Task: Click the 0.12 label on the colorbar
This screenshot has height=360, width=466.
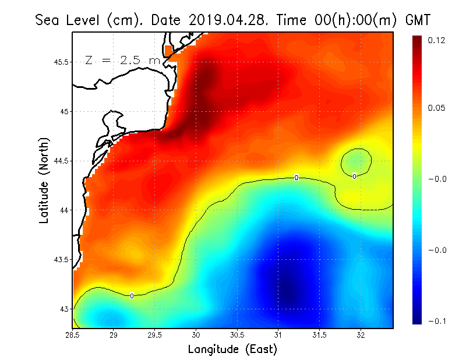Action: (437, 40)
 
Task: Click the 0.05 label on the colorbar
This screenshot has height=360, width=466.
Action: (437, 108)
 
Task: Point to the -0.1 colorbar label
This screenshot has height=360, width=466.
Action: (437, 321)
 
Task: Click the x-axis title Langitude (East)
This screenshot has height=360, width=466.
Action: (232, 350)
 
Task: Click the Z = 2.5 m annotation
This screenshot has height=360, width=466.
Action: (122, 60)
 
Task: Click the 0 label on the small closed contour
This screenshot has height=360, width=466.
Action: (354, 176)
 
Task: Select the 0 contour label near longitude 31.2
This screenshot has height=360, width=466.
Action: (296, 178)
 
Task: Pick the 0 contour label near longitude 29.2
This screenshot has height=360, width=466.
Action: (132, 296)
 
